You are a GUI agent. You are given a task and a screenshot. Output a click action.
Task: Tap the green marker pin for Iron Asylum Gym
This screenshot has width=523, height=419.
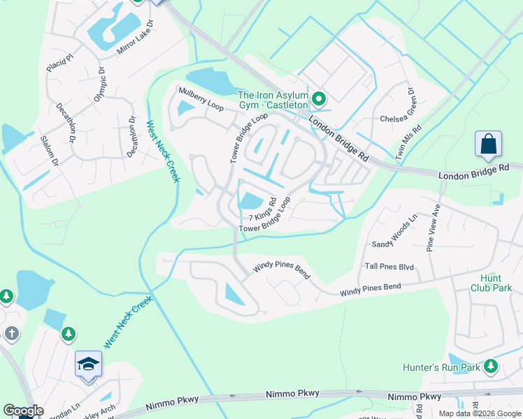click(x=319, y=99)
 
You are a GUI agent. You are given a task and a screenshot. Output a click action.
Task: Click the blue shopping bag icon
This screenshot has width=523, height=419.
click(x=488, y=145)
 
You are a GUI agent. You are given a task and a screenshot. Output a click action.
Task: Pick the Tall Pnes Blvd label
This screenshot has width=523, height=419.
click(x=389, y=267)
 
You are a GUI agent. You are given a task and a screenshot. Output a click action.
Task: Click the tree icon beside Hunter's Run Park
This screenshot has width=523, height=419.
click(x=491, y=366)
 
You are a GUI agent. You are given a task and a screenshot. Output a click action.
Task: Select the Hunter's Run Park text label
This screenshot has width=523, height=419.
click(x=441, y=367)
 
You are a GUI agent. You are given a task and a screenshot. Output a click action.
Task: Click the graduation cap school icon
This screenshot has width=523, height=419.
click(x=89, y=364)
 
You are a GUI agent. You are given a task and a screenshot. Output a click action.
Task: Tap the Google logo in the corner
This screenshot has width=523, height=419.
click(x=23, y=411)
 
